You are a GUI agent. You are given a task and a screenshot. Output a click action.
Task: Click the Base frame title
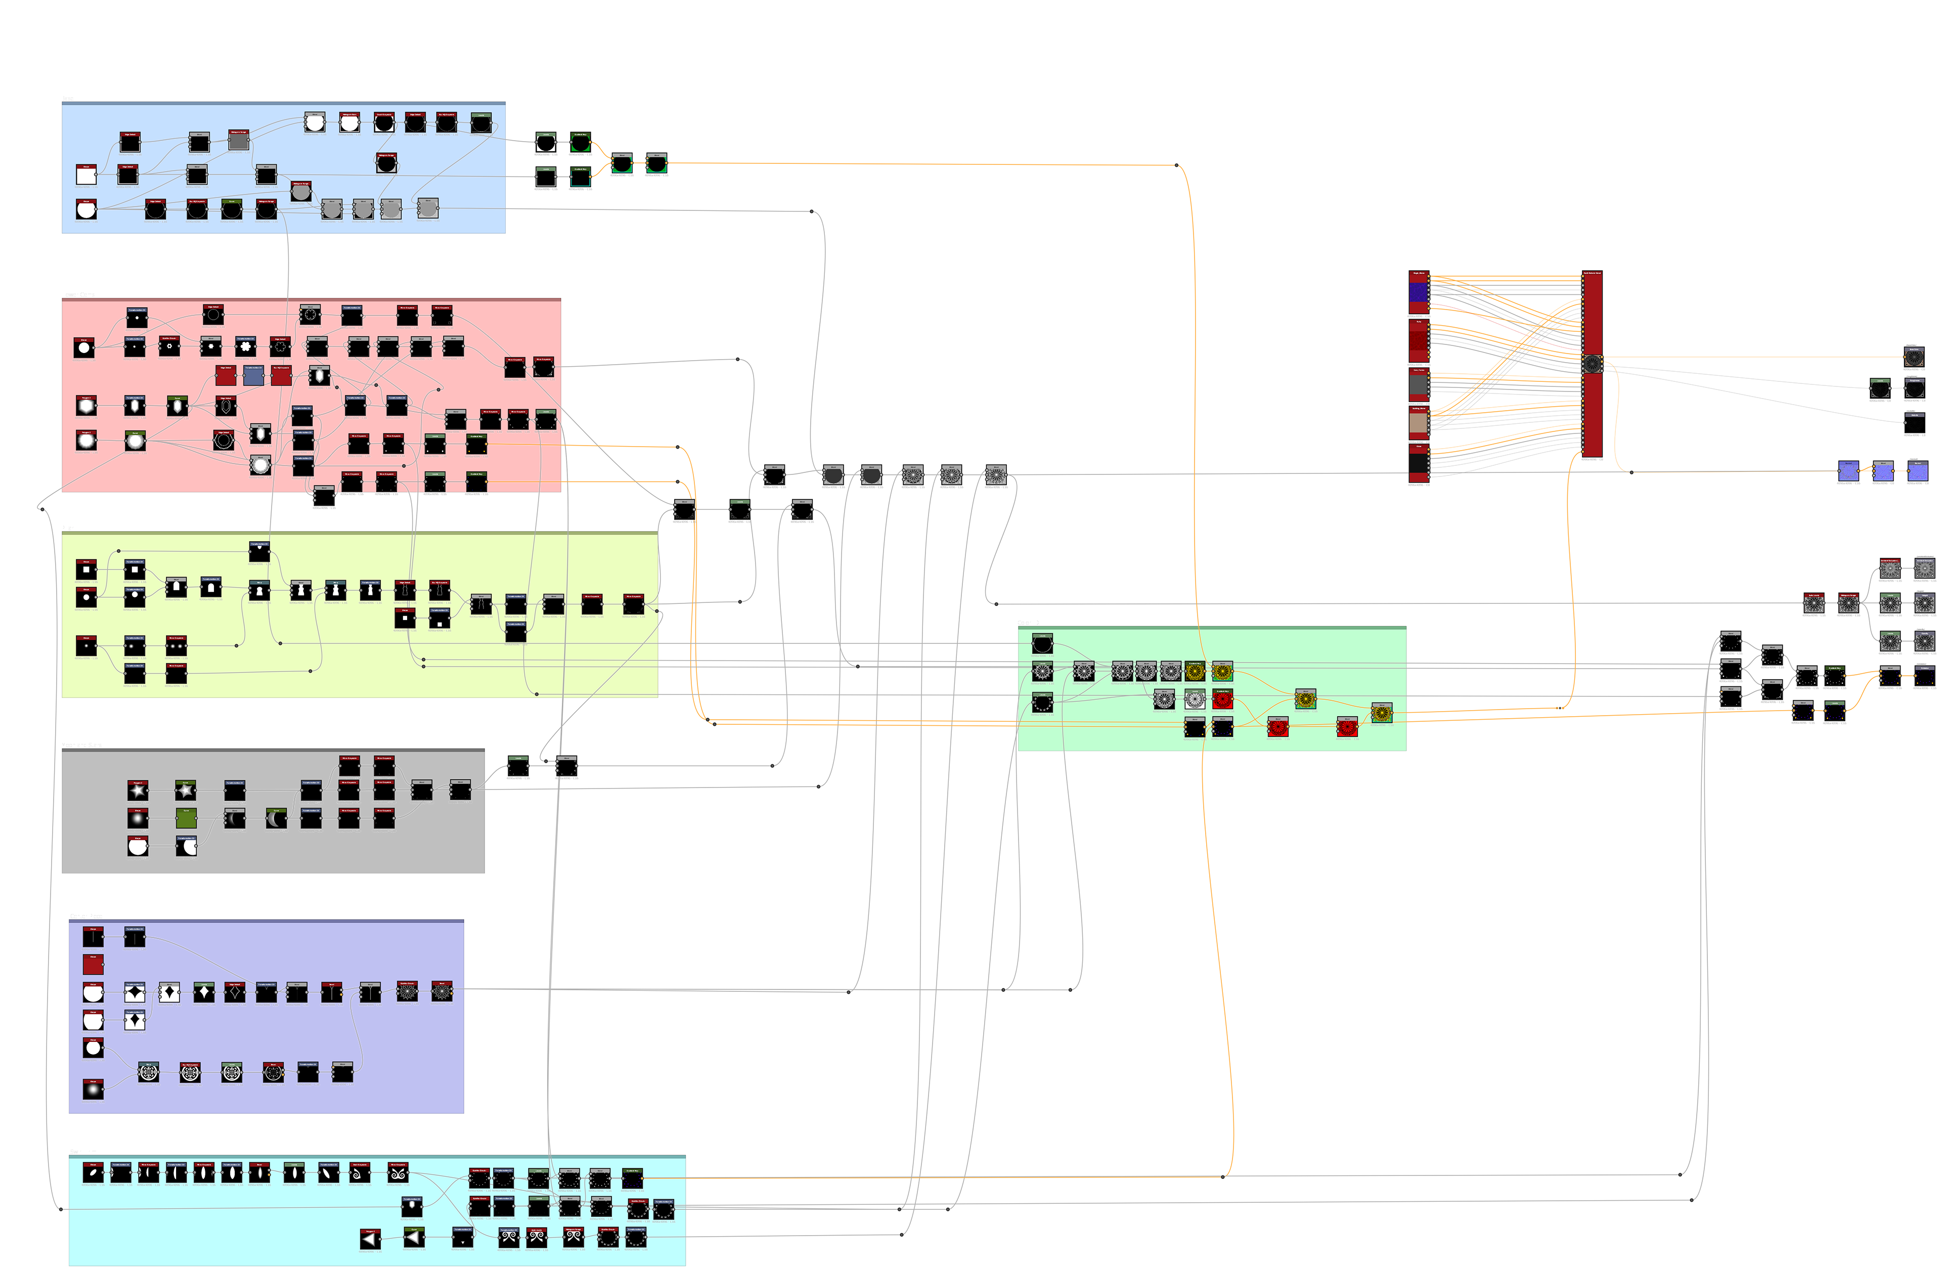pos(67,99)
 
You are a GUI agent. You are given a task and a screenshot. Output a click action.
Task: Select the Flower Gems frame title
pos(77,294)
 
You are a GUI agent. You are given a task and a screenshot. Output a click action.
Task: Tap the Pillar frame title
pos(67,528)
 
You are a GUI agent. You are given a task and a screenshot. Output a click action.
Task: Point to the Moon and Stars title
pos(81,745)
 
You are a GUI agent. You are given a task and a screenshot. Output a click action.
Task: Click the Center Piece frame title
pos(85,916)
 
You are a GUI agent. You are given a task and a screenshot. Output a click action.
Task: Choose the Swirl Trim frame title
pos(82,1152)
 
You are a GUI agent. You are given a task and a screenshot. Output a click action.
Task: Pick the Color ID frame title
pos(1028,623)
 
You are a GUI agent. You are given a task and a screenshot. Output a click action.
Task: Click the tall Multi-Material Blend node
pos(1592,365)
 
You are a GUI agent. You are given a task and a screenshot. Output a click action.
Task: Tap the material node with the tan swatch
pos(1418,423)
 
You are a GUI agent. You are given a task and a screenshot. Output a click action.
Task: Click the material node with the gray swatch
pos(1418,383)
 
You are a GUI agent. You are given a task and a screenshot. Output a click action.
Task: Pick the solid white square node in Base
pos(85,174)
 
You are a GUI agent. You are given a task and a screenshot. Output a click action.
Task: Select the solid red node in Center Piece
pos(93,965)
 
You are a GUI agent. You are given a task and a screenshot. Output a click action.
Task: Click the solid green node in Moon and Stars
pos(186,818)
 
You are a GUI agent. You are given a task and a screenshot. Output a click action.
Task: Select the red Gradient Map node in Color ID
pos(1222,699)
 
